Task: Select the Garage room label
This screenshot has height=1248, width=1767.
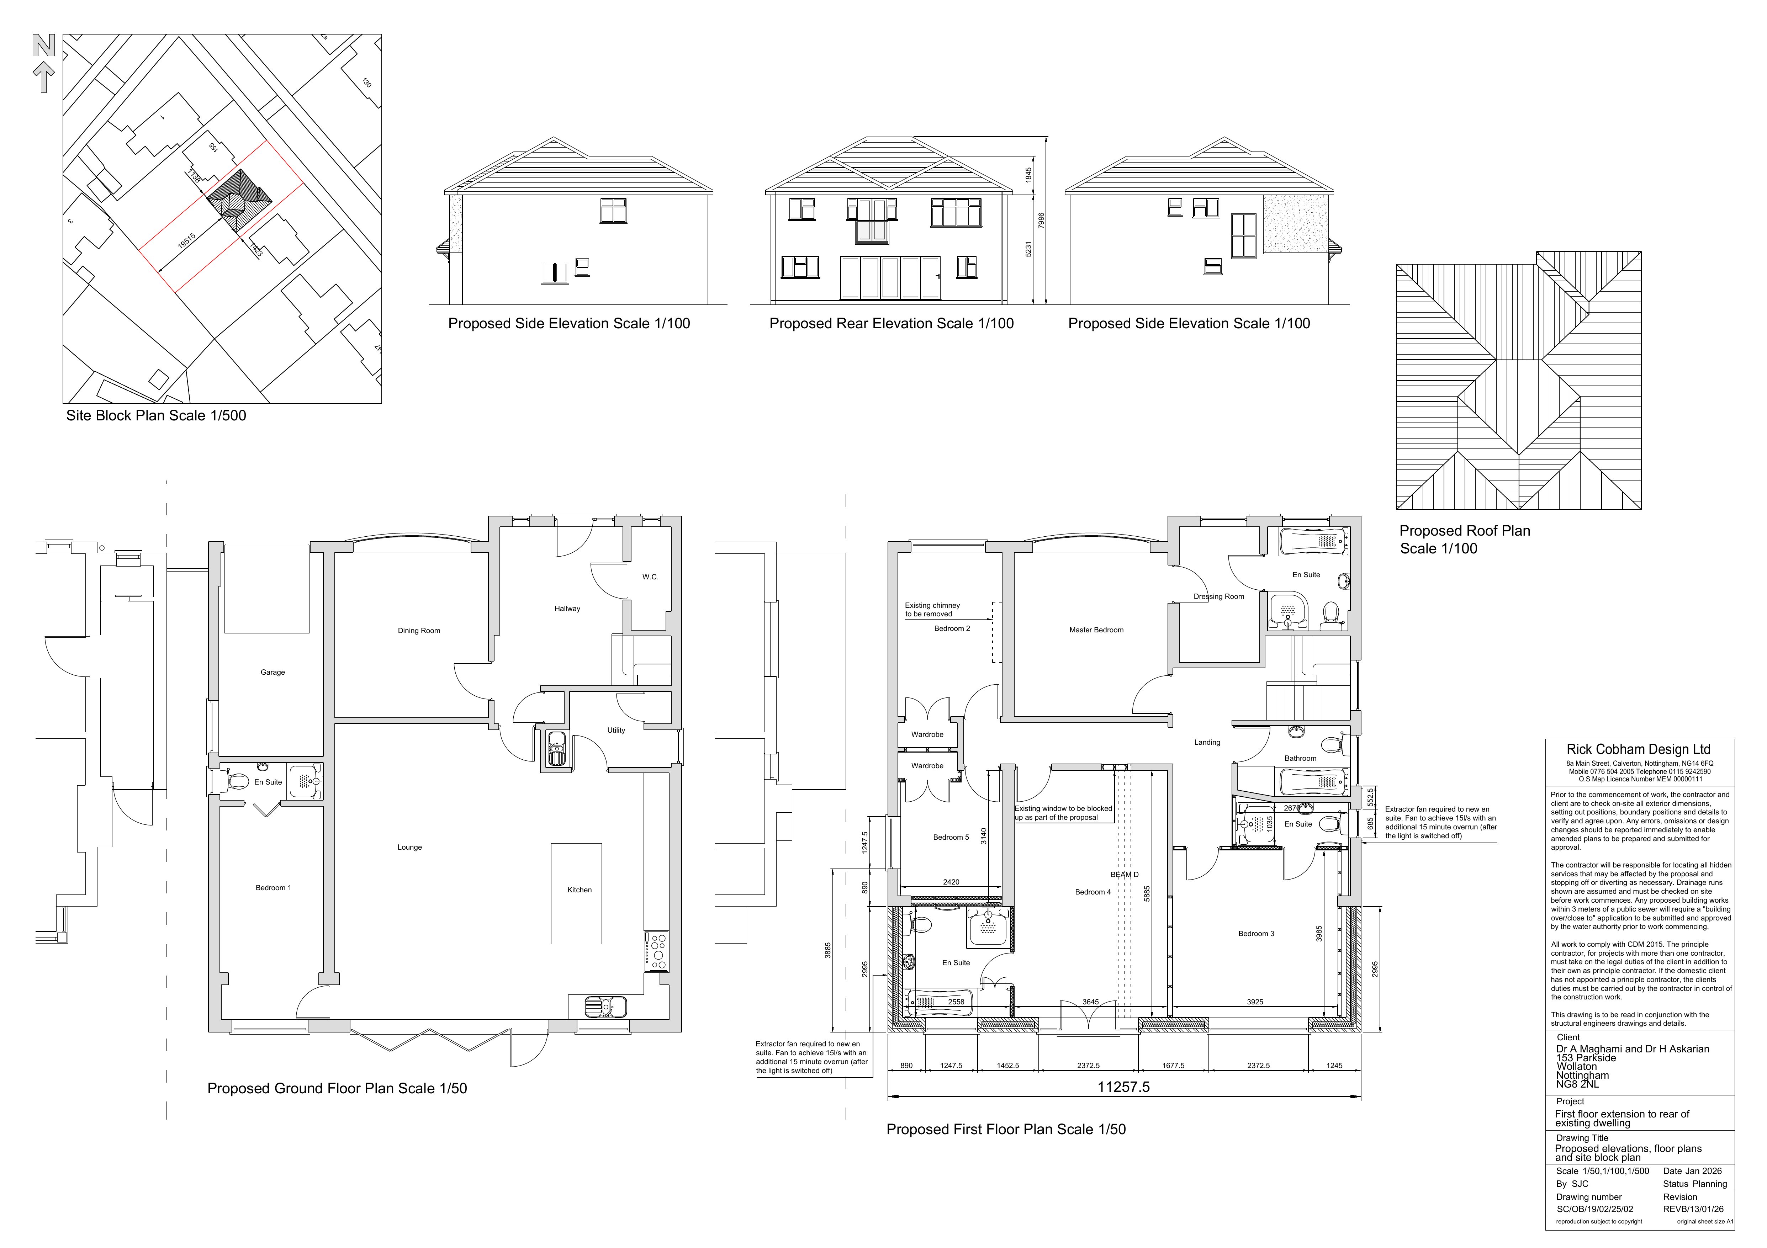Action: point(273,672)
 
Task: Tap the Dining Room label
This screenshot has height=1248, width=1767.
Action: point(419,630)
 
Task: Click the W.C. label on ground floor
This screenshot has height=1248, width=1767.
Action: point(650,576)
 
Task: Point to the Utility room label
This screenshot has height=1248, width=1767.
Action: point(616,729)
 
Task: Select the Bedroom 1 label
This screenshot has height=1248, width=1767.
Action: point(273,887)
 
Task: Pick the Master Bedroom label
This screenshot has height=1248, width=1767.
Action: point(1096,630)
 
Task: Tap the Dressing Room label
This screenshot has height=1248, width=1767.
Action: point(1218,596)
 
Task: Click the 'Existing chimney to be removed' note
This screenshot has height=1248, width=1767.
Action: point(932,609)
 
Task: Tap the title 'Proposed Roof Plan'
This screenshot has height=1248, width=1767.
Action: point(1464,530)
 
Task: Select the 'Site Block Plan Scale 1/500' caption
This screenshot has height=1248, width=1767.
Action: point(156,415)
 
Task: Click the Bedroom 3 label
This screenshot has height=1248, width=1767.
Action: point(1256,933)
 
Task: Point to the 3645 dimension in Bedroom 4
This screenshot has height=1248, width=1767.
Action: point(1090,1002)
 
